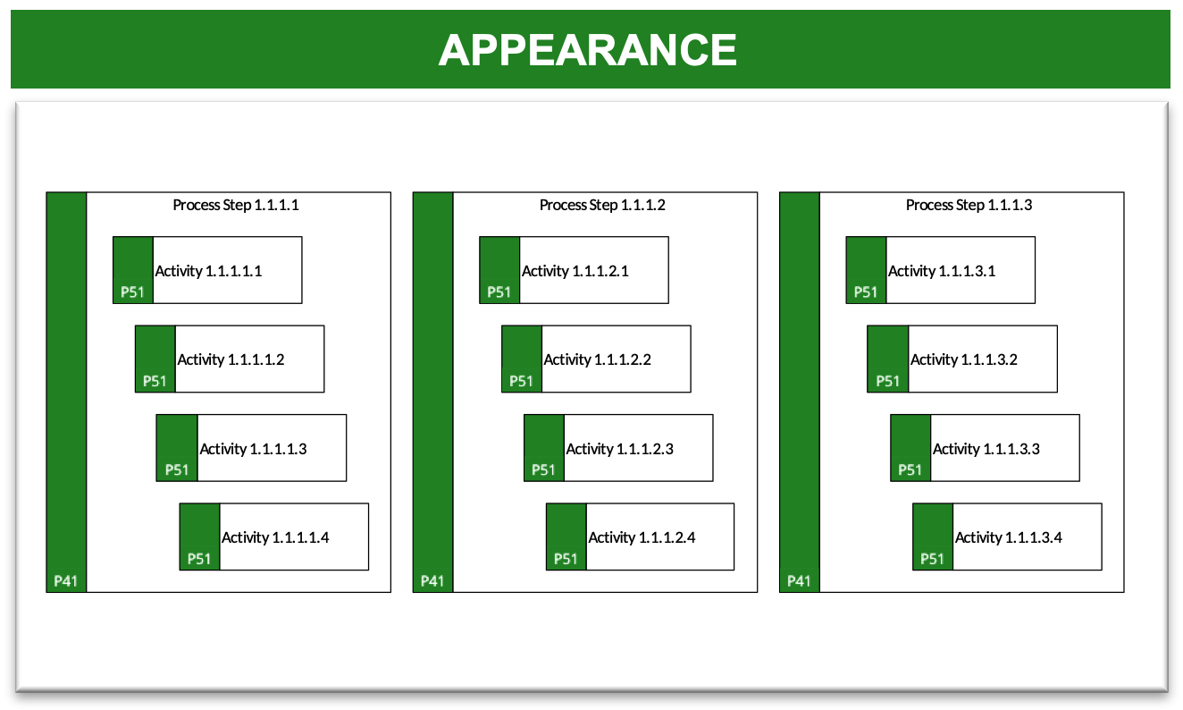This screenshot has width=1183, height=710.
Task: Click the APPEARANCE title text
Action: [587, 50]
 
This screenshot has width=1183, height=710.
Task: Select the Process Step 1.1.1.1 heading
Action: [236, 205]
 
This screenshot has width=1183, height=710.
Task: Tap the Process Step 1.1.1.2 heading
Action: [602, 205]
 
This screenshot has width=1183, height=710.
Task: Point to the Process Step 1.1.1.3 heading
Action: [969, 205]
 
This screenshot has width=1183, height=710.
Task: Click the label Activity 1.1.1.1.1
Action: [208, 271]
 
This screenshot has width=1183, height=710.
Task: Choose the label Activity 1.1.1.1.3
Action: [253, 450]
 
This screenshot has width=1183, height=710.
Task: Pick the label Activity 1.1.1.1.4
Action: [275, 537]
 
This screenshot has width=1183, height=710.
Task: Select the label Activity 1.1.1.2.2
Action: [598, 360]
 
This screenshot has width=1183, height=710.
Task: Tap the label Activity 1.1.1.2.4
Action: [642, 537]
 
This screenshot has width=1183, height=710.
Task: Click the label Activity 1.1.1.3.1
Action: [942, 271]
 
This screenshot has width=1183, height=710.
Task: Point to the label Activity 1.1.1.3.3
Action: [986, 450]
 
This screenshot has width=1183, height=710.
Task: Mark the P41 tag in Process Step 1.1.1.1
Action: [65, 581]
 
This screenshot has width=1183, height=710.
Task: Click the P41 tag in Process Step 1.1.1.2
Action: [432, 581]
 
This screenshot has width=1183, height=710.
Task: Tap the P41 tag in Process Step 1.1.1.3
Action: [799, 581]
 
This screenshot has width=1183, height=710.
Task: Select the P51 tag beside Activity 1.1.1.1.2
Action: [155, 381]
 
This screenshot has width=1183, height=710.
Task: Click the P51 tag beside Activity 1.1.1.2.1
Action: [499, 292]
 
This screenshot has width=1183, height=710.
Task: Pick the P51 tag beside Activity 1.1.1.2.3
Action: [543, 470]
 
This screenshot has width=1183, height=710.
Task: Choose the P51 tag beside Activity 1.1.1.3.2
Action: [887, 381]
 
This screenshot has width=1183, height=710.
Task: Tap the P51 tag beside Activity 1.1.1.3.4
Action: [932, 559]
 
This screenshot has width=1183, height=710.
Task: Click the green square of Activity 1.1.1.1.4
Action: [199, 537]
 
